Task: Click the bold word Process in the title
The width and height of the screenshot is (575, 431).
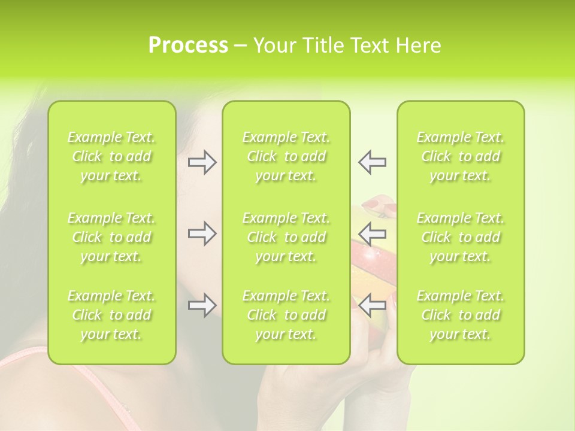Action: coord(188,45)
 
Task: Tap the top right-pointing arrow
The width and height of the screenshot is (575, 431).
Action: coord(202,162)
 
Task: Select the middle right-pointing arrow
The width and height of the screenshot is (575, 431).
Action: coord(202,233)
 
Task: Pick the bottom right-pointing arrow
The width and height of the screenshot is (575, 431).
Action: coord(202,305)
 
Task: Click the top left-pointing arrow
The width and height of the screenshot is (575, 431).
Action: coord(372,162)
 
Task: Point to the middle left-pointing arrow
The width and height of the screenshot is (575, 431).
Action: coord(372,233)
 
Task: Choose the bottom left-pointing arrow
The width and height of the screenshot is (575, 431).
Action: coord(372,305)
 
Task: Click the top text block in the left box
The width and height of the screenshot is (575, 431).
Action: coord(111,156)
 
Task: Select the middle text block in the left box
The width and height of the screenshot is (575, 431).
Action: coord(111,237)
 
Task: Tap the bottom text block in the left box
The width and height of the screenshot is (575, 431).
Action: coord(111,315)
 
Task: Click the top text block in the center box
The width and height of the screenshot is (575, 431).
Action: coord(286,156)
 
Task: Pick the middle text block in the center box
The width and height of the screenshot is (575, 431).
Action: coord(286,237)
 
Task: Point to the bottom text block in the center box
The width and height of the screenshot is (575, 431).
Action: coord(286,315)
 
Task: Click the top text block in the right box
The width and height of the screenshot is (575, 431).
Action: coord(461,156)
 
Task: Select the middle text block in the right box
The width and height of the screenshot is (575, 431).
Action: coord(461,237)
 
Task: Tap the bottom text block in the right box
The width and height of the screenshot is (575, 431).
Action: coord(461,315)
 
